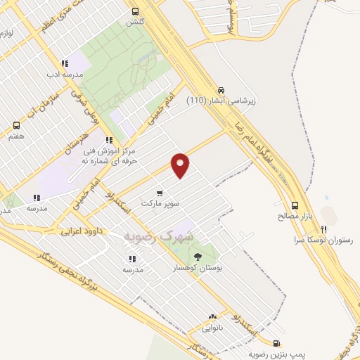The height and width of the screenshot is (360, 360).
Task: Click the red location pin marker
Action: (x=181, y=165)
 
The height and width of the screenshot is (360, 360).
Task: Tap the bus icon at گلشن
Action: (x=134, y=11)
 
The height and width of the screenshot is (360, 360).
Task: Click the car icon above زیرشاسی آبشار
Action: (x=221, y=90)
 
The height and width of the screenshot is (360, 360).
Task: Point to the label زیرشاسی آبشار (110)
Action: (x=221, y=101)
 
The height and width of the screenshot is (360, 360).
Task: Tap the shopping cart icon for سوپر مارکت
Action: (x=160, y=193)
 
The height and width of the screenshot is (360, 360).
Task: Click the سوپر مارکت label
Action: (x=156, y=202)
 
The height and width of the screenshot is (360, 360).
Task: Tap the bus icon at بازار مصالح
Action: (x=295, y=206)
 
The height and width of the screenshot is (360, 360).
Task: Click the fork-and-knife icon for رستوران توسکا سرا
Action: (x=324, y=229)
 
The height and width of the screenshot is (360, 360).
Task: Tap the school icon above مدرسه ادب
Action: (x=65, y=63)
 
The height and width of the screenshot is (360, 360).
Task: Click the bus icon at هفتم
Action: (x=16, y=125)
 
